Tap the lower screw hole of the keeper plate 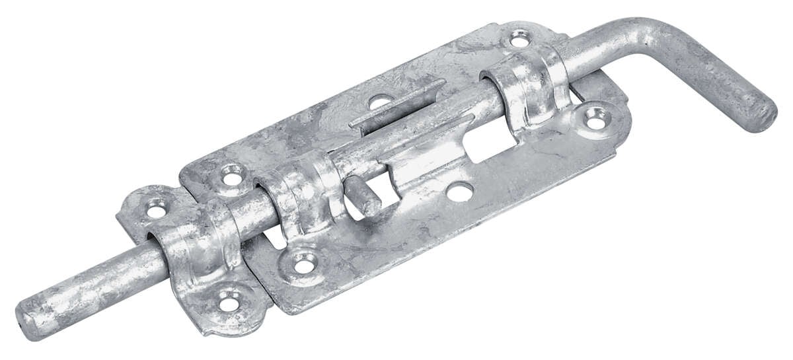tap(228, 303)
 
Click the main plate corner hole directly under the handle tap(595, 117)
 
